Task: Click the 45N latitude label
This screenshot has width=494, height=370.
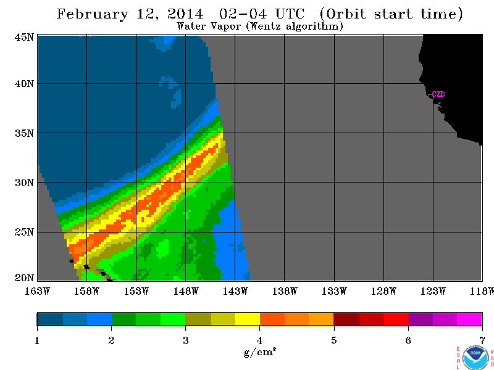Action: pyautogui.click(x=24, y=37)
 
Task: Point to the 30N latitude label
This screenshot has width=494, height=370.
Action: pyautogui.click(x=24, y=183)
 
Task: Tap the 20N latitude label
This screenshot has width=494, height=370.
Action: pyautogui.click(x=24, y=278)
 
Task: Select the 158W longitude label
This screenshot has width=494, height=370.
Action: pyautogui.click(x=86, y=291)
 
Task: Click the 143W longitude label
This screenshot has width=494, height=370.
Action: pyautogui.click(x=235, y=291)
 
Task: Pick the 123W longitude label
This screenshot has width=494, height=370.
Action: pyautogui.click(x=433, y=291)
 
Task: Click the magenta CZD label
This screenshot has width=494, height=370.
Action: pyautogui.click(x=438, y=94)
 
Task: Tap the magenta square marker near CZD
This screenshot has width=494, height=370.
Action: pyautogui.click(x=430, y=97)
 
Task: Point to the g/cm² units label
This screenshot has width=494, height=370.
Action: pyautogui.click(x=260, y=351)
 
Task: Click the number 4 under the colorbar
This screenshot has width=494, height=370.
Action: pyautogui.click(x=259, y=341)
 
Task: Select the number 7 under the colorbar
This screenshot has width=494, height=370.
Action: pyautogui.click(x=482, y=341)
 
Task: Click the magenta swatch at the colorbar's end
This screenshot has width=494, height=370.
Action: pyautogui.click(x=469, y=319)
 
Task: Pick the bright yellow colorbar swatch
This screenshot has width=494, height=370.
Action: pyautogui.click(x=248, y=319)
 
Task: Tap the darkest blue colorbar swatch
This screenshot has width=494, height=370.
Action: pyautogui.click(x=50, y=319)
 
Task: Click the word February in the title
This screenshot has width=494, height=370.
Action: pyautogui.click(x=93, y=14)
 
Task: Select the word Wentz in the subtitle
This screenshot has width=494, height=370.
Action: pyautogui.click(x=266, y=26)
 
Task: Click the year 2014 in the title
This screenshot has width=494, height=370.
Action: pyautogui.click(x=185, y=14)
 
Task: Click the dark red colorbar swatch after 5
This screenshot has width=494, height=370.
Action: pyautogui.click(x=346, y=319)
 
